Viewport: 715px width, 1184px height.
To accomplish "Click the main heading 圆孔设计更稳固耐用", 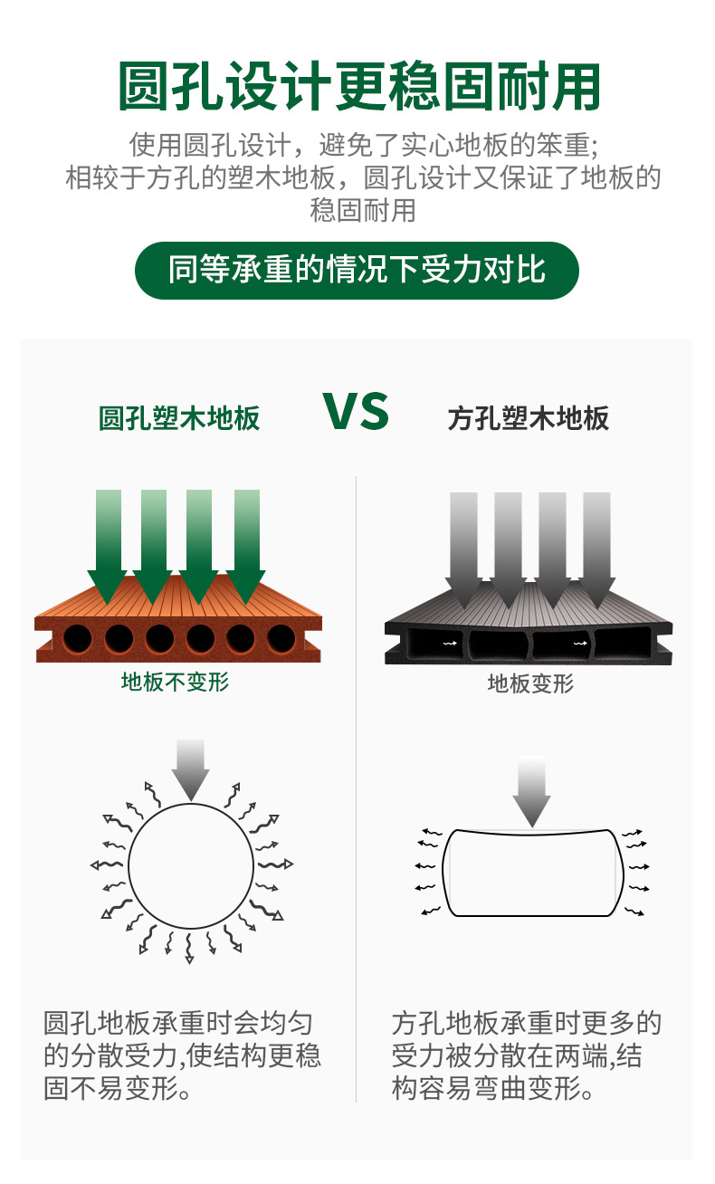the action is pos(359,88).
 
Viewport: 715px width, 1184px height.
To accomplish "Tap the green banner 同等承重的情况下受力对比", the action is pos(357,270).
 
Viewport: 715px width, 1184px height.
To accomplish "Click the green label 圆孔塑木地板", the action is pos(179,418).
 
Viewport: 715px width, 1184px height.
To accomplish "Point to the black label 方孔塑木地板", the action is pos(529,418).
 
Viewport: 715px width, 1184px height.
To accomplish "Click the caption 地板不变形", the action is pos(176,682).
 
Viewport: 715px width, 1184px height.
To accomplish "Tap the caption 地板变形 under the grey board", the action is pos(530,683).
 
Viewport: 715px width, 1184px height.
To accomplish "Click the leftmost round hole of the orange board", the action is pos(78,639).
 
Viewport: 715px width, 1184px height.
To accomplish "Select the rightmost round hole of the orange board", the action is pos(281,639).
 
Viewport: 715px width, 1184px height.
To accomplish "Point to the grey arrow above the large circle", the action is pos(190,769).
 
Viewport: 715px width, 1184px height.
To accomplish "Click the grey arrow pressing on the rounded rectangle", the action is pos(531,789).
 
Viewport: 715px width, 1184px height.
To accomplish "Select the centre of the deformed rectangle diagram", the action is pos(531,872).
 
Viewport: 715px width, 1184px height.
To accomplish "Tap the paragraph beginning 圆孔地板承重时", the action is pos(182,1055).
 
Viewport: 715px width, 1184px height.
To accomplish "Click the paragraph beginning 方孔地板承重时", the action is pos(527,1055).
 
